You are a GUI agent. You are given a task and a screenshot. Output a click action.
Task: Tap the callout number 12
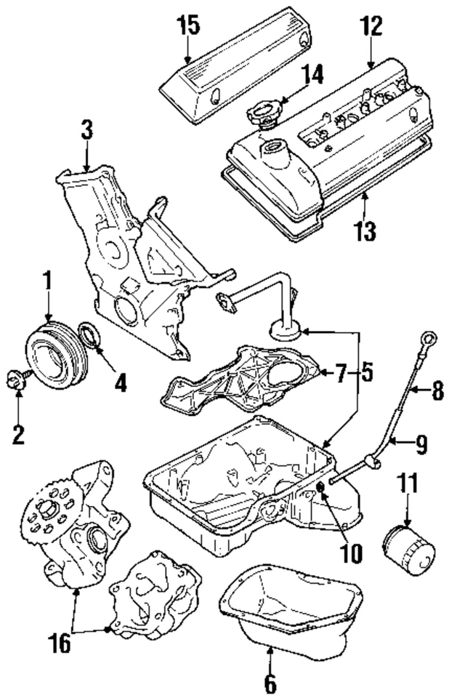coord(371,26)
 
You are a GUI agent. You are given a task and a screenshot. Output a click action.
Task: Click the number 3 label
coord(86,130)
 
